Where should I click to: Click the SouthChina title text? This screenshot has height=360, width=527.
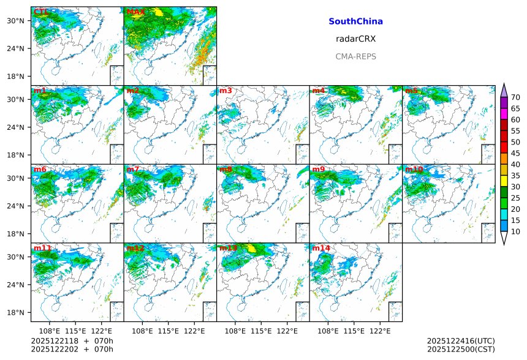click(355, 21)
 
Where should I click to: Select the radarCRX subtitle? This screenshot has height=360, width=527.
click(355, 39)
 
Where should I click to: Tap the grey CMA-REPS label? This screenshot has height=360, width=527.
click(355, 56)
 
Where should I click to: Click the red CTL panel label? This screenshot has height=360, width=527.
click(41, 12)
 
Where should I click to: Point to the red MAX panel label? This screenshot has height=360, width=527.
click(135, 12)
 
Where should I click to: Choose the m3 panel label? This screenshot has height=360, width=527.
click(226, 91)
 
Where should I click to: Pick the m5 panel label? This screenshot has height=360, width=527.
click(411, 91)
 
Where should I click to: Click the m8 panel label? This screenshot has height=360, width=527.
click(226, 170)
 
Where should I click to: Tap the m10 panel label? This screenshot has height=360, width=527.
click(414, 170)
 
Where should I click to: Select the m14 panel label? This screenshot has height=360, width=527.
click(320, 248)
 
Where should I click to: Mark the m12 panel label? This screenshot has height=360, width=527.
click(135, 248)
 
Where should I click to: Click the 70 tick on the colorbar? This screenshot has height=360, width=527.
click(515, 97)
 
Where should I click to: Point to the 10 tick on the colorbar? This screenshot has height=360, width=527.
click(515, 231)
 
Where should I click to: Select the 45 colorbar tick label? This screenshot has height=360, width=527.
click(515, 153)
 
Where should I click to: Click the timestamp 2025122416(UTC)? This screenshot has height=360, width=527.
click(460, 341)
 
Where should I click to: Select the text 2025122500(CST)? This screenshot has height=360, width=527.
click(460, 350)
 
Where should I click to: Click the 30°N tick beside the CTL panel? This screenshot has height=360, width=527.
click(15, 21)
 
